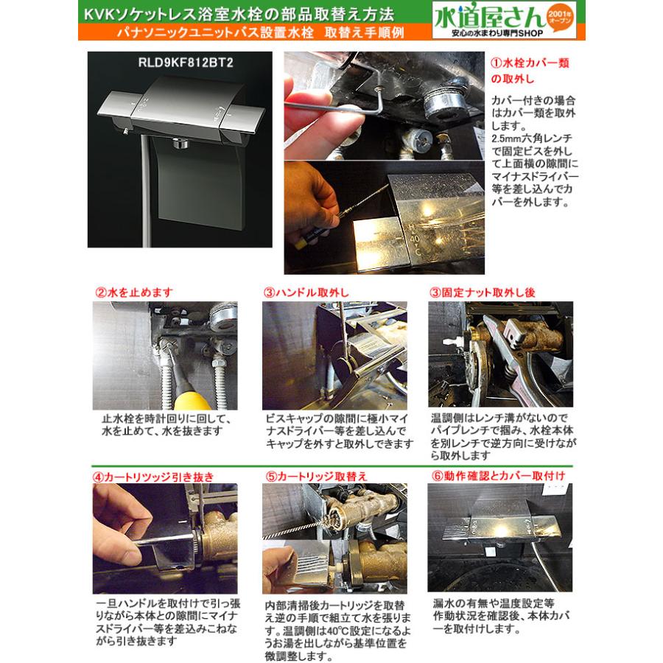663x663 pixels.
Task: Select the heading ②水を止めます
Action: coord(128,292)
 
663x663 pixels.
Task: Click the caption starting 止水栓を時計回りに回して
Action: coord(167,424)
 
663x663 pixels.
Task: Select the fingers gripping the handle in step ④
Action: coord(122,516)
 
